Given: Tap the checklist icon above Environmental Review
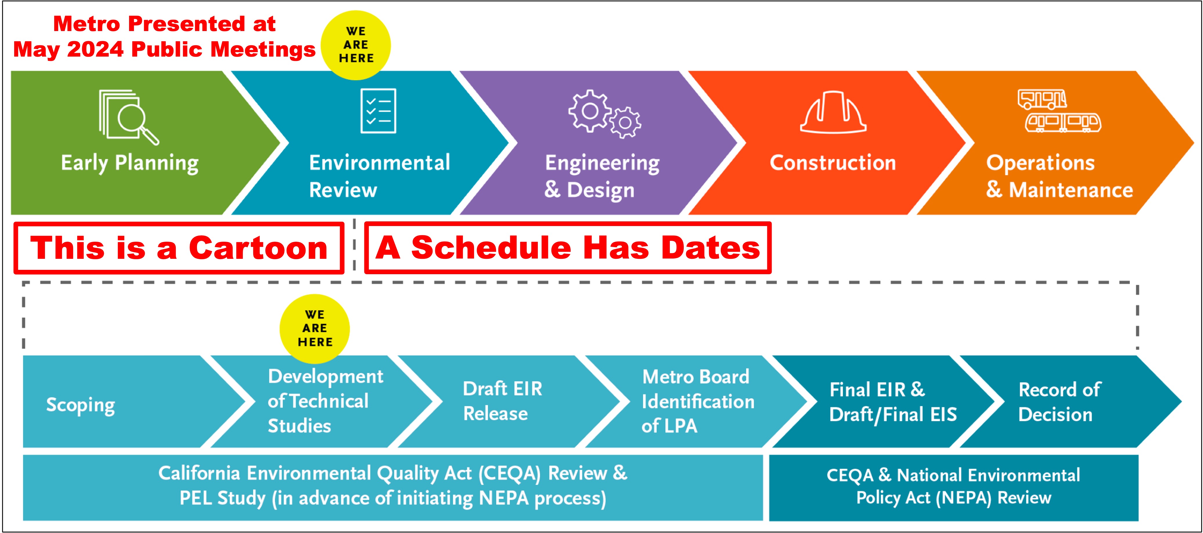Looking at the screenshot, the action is point(378,111).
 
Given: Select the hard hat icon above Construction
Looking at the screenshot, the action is point(833,112).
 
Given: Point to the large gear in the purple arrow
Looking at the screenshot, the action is point(590,111).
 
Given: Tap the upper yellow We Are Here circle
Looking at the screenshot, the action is point(356,45).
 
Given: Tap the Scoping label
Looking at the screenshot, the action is point(80,405).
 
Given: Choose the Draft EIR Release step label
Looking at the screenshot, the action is point(502,401).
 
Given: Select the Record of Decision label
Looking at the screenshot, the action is point(1059,402).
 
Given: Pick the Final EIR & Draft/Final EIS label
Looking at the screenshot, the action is point(893,402).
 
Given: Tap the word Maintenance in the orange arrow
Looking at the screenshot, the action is point(1071,190).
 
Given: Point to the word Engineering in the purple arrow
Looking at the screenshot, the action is point(603,163).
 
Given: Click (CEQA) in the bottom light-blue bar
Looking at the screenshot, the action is point(509,474).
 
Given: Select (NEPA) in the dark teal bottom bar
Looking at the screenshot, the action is point(963,498).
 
